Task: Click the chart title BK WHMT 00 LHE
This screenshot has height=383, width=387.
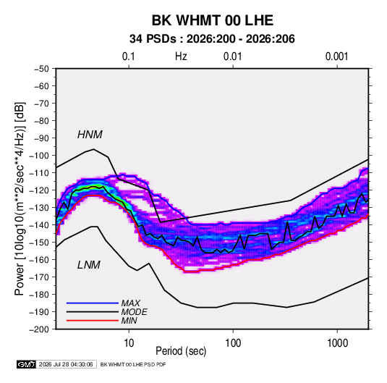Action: coord(212,20)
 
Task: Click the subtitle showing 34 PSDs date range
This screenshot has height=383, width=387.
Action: coord(212,39)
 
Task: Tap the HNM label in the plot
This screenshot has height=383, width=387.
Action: coord(90,135)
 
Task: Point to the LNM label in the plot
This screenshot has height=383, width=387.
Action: coord(89,265)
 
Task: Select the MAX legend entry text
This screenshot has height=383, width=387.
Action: coord(130,303)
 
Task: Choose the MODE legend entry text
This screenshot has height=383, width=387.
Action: coord(135,312)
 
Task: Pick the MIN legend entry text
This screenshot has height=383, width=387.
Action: coord(129,321)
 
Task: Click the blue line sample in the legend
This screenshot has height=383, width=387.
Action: coord(93,303)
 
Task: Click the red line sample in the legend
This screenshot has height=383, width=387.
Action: coord(93,321)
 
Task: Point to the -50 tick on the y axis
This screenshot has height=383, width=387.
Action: coord(41,69)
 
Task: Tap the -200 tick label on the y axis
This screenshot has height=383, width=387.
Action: coord(39,329)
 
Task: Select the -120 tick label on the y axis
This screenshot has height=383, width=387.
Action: coord(39,190)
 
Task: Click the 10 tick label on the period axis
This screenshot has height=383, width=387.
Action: coord(129,343)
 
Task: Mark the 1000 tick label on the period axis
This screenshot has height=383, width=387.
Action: coord(337,343)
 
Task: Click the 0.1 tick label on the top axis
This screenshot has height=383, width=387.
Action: coord(129,56)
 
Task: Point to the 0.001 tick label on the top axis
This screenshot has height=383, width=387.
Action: coord(337,56)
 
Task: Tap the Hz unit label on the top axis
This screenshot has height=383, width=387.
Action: coord(181,56)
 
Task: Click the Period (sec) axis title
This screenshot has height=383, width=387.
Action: coord(181,351)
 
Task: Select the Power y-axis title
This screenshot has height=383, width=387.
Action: coord(20,199)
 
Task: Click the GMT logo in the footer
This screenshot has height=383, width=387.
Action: coord(27,364)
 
